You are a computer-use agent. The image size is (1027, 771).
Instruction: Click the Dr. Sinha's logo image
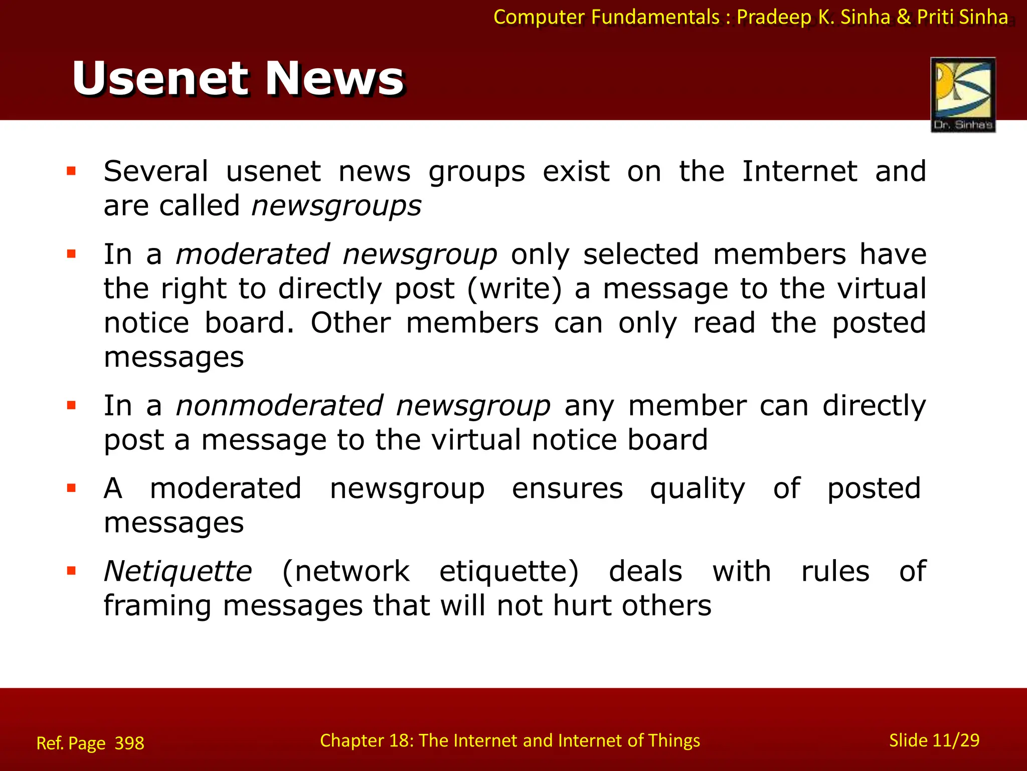(x=963, y=94)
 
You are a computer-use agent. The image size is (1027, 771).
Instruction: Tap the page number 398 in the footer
(x=129, y=743)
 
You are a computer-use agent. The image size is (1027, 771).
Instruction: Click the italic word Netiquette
(x=178, y=571)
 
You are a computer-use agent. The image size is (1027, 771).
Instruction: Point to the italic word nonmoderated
(x=279, y=406)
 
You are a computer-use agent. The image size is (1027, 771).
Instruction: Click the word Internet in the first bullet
(x=799, y=172)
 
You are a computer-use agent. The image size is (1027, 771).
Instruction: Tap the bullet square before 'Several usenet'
(x=71, y=172)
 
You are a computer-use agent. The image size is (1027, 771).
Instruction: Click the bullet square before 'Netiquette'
(x=71, y=571)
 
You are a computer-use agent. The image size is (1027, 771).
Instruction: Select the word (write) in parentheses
(x=515, y=289)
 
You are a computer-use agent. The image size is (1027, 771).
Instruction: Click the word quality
(x=698, y=489)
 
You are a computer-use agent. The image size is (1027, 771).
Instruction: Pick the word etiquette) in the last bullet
(x=509, y=571)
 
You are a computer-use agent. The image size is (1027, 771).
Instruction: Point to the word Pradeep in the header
(x=774, y=17)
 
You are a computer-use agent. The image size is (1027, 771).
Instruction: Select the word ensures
(x=567, y=489)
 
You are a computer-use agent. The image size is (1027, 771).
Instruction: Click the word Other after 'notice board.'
(x=351, y=323)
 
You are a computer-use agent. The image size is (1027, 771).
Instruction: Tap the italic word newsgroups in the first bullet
(x=336, y=206)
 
